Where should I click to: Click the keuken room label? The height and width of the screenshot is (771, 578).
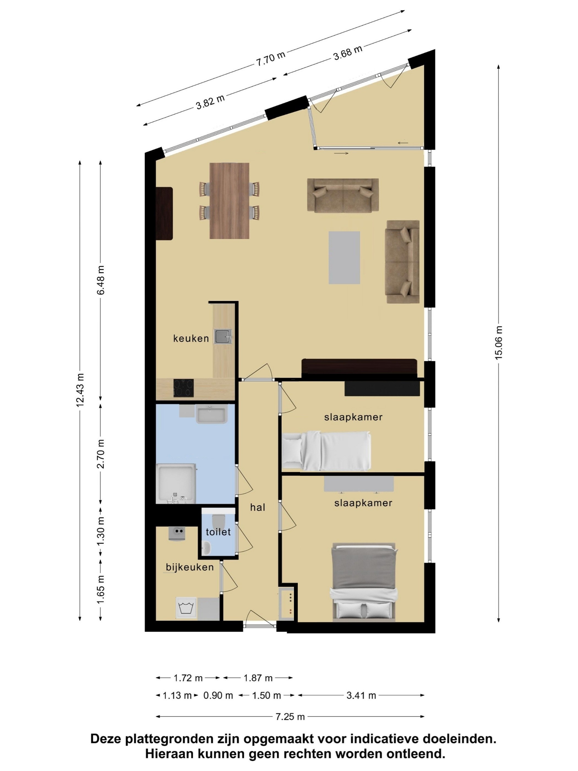191,338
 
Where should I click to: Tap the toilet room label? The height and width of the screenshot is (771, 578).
218,532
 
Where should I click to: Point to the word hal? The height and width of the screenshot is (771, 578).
257,507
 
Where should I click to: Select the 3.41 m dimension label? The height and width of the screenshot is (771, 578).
361,696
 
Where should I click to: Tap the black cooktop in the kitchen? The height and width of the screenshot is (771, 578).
184,388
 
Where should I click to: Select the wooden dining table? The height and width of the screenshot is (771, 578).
229,201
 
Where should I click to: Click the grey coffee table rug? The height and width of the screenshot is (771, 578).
344,257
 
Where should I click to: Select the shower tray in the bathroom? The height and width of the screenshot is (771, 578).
176,484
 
